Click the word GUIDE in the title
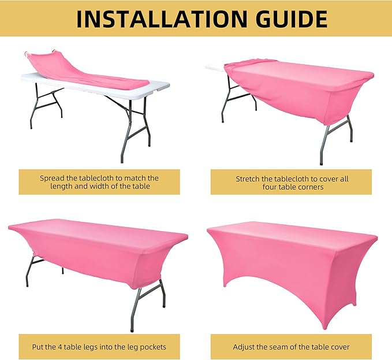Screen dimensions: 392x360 tap(292, 18)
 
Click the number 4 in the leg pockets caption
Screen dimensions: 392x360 tap(59, 347)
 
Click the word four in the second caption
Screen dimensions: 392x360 tap(268, 187)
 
